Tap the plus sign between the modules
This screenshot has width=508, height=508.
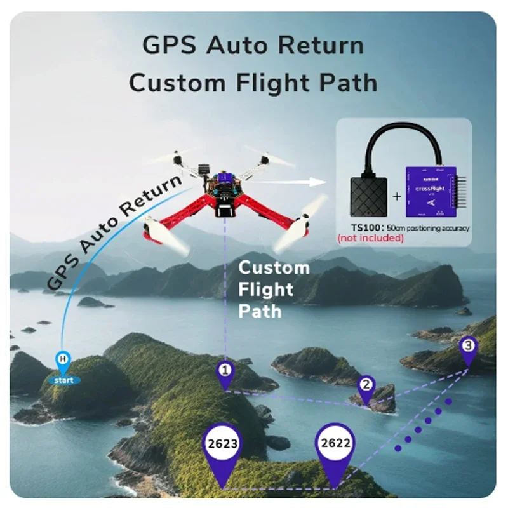point(397,196)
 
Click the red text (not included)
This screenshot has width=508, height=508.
point(370,238)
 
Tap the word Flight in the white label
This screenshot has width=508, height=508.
point(265,290)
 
